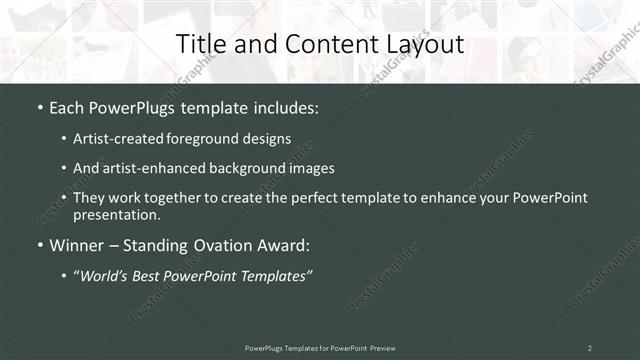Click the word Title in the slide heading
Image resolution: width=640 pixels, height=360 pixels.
coord(198,44)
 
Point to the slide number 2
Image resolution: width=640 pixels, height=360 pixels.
coord(589,347)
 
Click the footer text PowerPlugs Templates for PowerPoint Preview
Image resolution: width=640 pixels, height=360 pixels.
coord(319,347)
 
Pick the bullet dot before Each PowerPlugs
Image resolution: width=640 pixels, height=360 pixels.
coord(40,106)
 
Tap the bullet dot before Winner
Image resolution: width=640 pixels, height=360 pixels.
coord(40,245)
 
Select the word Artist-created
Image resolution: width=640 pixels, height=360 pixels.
coord(109,139)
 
